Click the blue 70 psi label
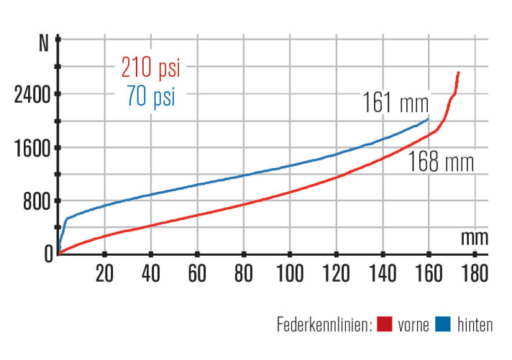tap(150, 96)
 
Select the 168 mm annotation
tap(442, 162)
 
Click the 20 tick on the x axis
tap(105, 273)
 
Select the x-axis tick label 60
tap(197, 273)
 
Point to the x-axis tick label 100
tap(290, 273)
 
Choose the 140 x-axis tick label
tap(382, 273)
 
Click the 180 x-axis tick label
tap(475, 273)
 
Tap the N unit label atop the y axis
tap(43, 42)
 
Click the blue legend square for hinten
tap(443, 325)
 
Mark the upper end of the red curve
tap(458, 73)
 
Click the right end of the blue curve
tap(429, 119)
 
